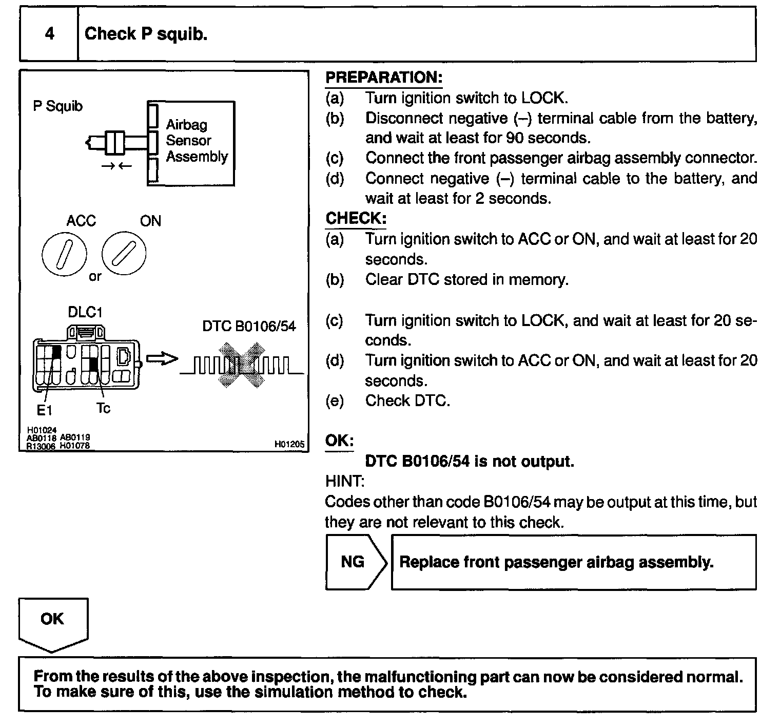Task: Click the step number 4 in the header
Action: (49, 34)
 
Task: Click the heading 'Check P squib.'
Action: (146, 34)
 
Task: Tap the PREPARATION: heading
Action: (384, 78)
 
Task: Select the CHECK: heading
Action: (356, 218)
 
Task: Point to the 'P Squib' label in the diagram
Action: (57, 106)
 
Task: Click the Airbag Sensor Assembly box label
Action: (196, 141)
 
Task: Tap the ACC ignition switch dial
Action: (64, 254)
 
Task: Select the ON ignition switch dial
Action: (124, 253)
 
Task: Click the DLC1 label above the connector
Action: (85, 312)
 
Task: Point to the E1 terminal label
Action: (44, 410)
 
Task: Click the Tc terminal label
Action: (103, 409)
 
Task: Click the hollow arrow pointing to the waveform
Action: (161, 359)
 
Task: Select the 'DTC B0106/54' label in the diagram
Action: (249, 327)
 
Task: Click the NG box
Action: (353, 562)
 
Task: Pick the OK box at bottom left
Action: (52, 619)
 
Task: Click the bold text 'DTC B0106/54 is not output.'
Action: (469, 461)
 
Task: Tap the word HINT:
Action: (345, 482)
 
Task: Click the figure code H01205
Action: (289, 444)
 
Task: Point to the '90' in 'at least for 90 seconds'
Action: (515, 138)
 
